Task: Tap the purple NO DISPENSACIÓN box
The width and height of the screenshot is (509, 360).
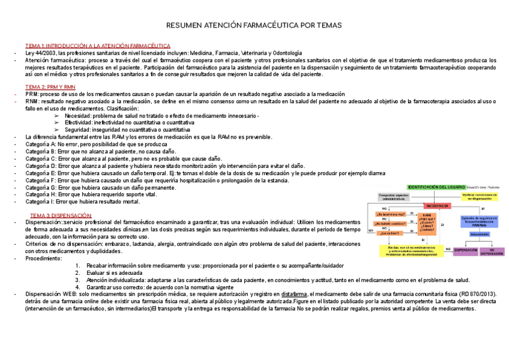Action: (x=492, y=251)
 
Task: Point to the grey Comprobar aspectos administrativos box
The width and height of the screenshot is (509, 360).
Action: (x=394, y=197)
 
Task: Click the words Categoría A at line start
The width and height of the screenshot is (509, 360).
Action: (x=40, y=145)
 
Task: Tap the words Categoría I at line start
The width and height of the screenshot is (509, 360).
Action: (x=40, y=202)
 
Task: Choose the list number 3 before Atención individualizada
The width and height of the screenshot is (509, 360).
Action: (x=77, y=280)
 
